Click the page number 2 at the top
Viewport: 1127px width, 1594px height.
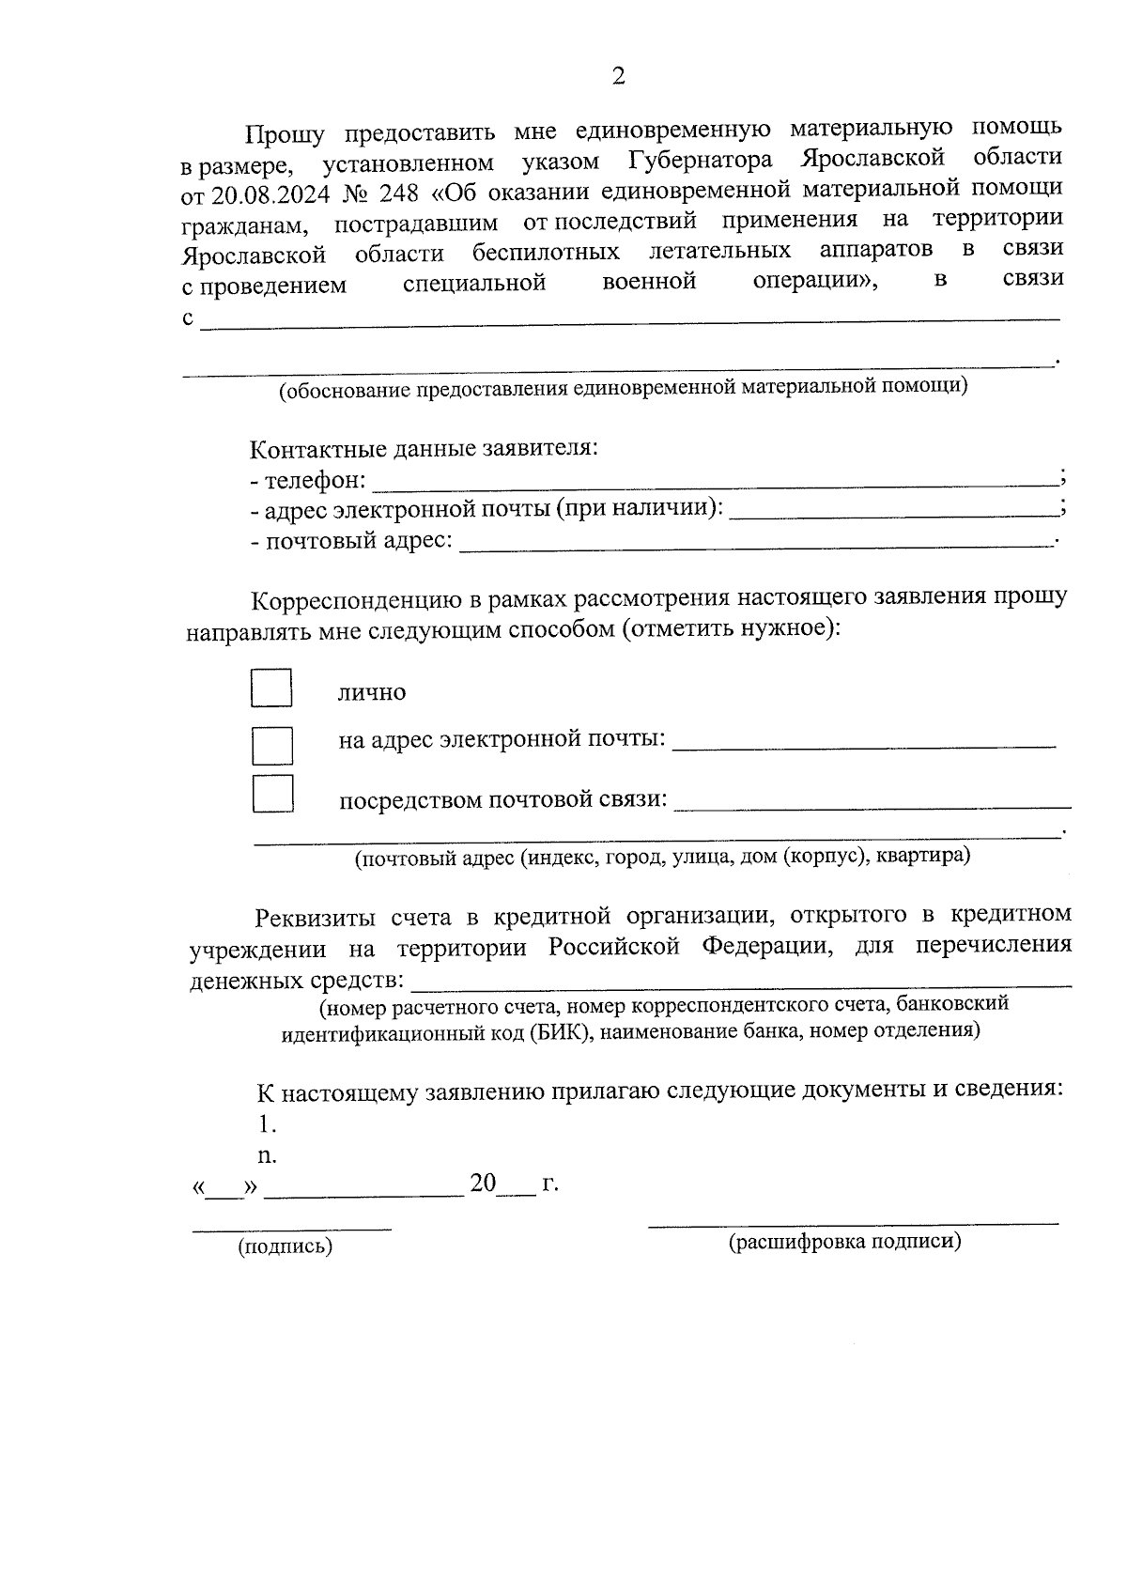(x=617, y=77)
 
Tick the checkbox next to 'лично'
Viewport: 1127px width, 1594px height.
(x=271, y=688)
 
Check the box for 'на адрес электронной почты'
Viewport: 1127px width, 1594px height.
(x=271, y=745)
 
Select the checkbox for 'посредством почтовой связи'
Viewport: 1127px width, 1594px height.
(x=272, y=794)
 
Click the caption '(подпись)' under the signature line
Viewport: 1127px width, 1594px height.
(x=286, y=1247)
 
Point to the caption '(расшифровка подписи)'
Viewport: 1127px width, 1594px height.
(x=845, y=1242)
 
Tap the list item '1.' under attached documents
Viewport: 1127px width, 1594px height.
(x=267, y=1123)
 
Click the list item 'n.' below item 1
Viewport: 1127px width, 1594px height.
(x=267, y=1155)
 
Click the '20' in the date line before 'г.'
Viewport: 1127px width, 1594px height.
(x=483, y=1184)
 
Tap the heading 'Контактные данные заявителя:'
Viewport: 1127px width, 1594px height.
(x=424, y=448)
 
